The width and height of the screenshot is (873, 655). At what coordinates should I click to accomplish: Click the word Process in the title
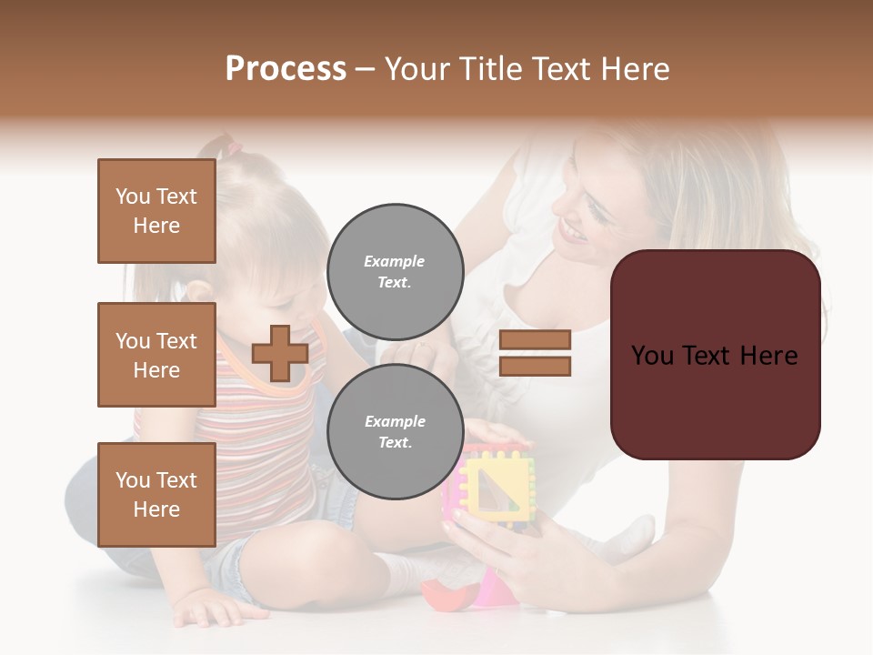coord(286,69)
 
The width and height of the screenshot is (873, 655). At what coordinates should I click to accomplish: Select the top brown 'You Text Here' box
coord(156,211)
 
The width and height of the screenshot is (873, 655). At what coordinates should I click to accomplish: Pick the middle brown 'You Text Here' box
coord(156,355)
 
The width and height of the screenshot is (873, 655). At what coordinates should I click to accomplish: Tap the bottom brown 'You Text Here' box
coord(156,495)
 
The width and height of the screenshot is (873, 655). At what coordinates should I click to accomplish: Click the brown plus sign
coord(280,353)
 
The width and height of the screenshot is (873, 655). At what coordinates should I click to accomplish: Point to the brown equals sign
coord(535,353)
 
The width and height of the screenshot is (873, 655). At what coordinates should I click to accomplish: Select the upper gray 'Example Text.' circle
coord(395,271)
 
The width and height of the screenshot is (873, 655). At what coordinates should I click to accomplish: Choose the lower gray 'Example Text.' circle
coord(395,431)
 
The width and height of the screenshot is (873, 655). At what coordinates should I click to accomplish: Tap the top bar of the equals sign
coord(535,340)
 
